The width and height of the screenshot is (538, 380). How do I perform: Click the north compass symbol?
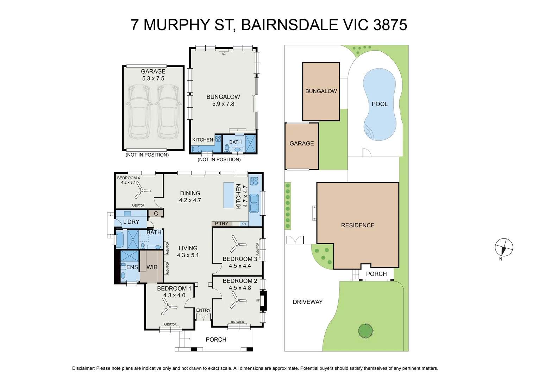pos(504,247)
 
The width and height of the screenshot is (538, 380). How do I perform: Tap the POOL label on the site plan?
pos(379,104)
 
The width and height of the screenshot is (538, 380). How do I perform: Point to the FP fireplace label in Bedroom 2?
pos(258,300)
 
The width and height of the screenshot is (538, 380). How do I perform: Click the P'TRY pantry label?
pos(221,224)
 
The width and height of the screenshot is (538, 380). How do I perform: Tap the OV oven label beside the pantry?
pos(244,224)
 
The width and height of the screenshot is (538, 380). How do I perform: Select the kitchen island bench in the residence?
pos(229,195)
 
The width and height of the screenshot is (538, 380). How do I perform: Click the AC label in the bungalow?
pos(224,54)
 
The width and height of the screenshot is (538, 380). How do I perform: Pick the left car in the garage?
pos(138,112)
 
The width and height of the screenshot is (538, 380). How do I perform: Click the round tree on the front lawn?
pos(365,331)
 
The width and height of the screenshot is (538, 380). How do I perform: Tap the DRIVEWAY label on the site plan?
pos(307,302)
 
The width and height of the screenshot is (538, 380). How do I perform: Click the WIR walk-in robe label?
pos(152,267)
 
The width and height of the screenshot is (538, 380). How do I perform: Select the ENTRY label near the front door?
pos(203,310)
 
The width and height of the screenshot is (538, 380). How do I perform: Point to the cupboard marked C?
pos(156,214)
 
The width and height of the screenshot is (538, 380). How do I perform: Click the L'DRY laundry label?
pos(131,222)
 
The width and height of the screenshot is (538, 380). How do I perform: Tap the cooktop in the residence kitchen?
pos(254,181)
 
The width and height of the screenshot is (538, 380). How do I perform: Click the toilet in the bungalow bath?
pos(227,148)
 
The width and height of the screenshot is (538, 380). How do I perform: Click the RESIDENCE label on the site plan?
pos(357,226)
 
